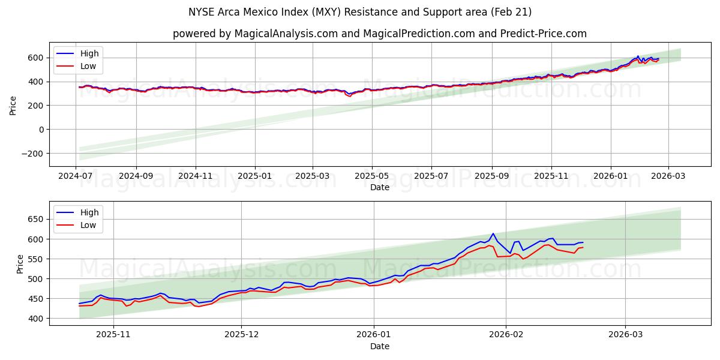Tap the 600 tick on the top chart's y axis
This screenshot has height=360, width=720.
pos(35,58)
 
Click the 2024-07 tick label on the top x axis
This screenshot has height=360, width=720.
pos(76,176)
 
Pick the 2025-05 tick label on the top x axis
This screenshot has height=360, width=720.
pos(372,176)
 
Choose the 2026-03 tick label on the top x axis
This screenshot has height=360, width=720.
pos(668,176)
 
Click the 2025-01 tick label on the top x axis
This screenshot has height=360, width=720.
pos(255,176)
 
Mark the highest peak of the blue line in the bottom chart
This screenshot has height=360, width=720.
pos(493,233)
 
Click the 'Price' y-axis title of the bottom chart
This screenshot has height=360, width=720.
pos(20,263)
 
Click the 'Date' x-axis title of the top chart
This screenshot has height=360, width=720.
pos(380,187)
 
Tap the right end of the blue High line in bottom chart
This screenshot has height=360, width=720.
pos(583,242)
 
